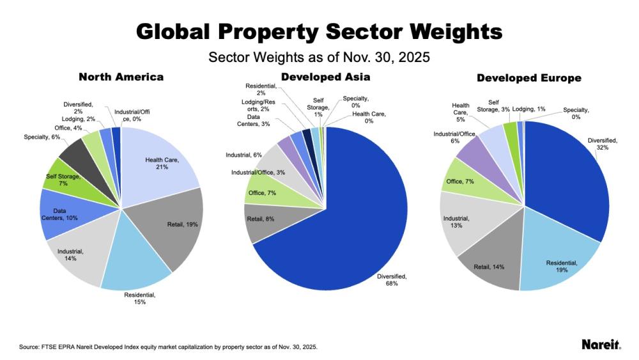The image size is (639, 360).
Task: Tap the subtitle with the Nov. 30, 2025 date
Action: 319,57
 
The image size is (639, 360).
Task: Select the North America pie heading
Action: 121,77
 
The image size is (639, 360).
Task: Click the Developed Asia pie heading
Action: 326,77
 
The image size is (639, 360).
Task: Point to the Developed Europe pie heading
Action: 529,78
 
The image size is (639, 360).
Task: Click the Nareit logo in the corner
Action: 601,345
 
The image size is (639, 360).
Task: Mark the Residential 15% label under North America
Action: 139,298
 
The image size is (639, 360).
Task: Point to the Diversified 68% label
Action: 392,279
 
